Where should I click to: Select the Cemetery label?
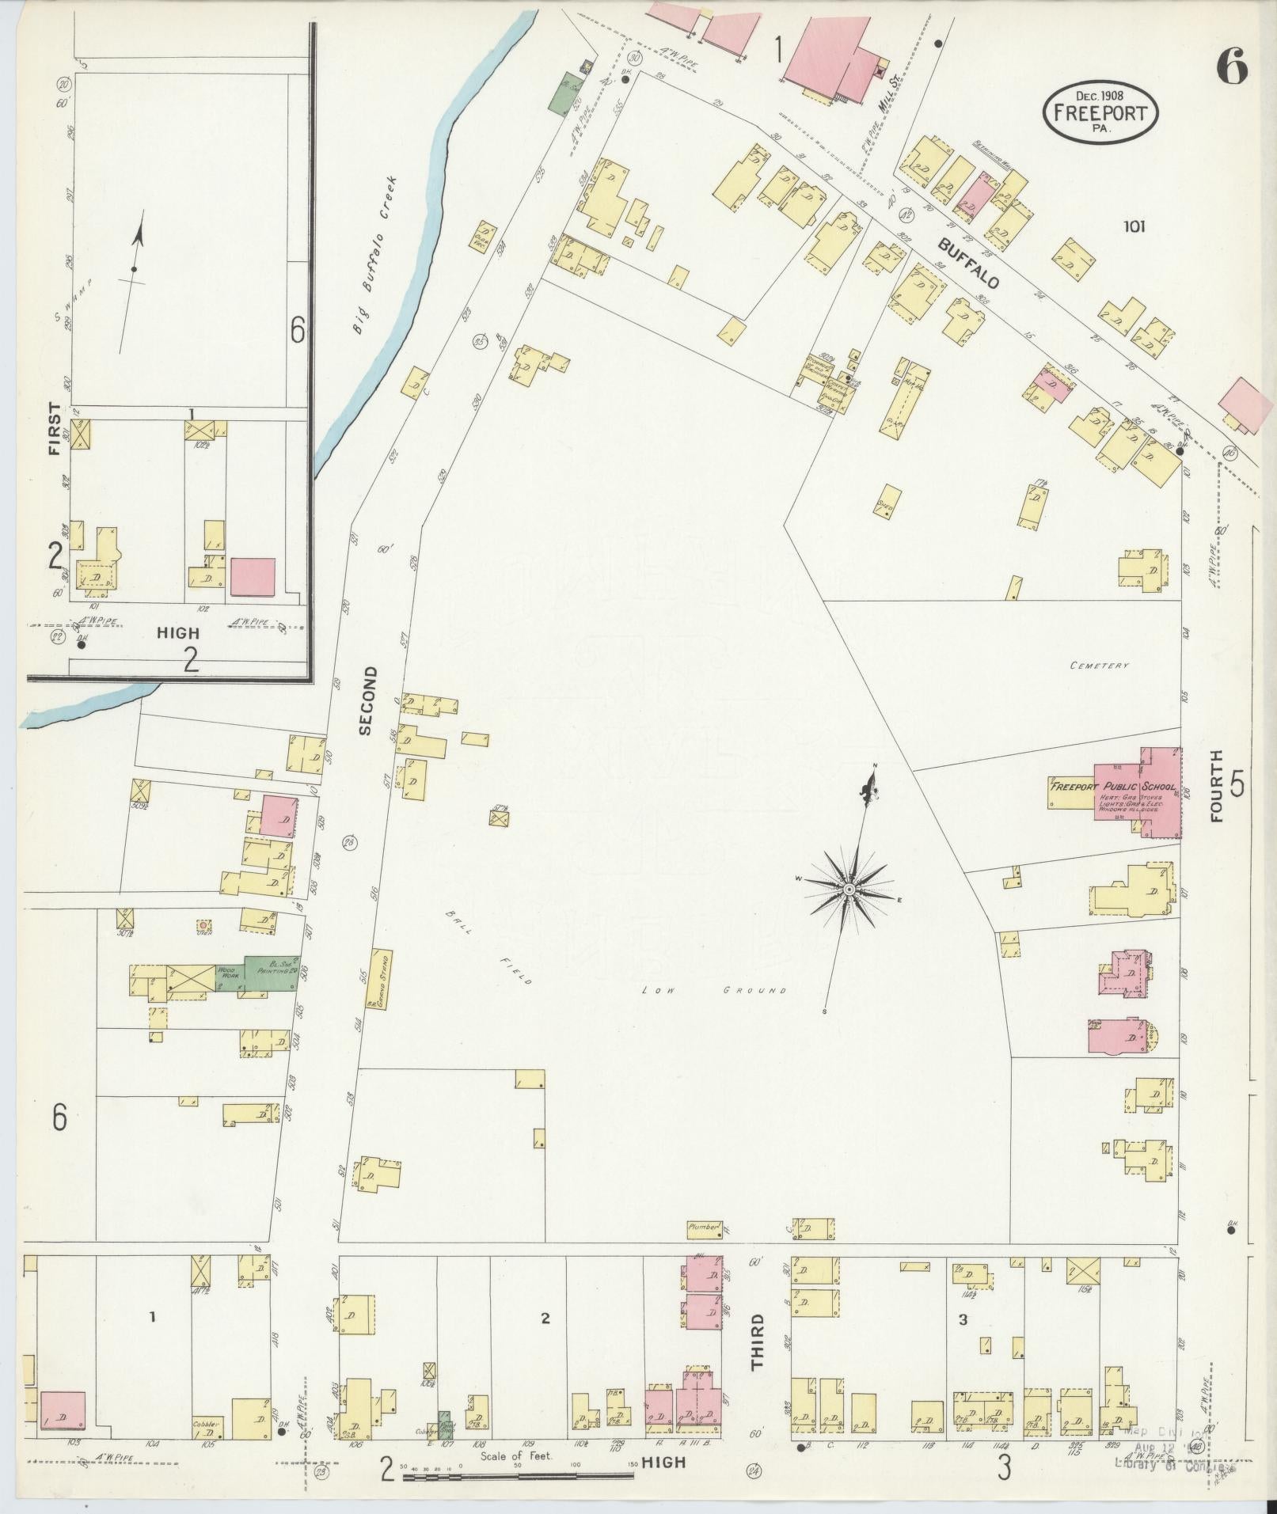click(1099, 666)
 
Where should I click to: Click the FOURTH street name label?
click(1216, 786)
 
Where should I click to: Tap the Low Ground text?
click(714, 990)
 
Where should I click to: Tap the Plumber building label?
click(703, 1250)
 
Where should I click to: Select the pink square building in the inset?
click(253, 577)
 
